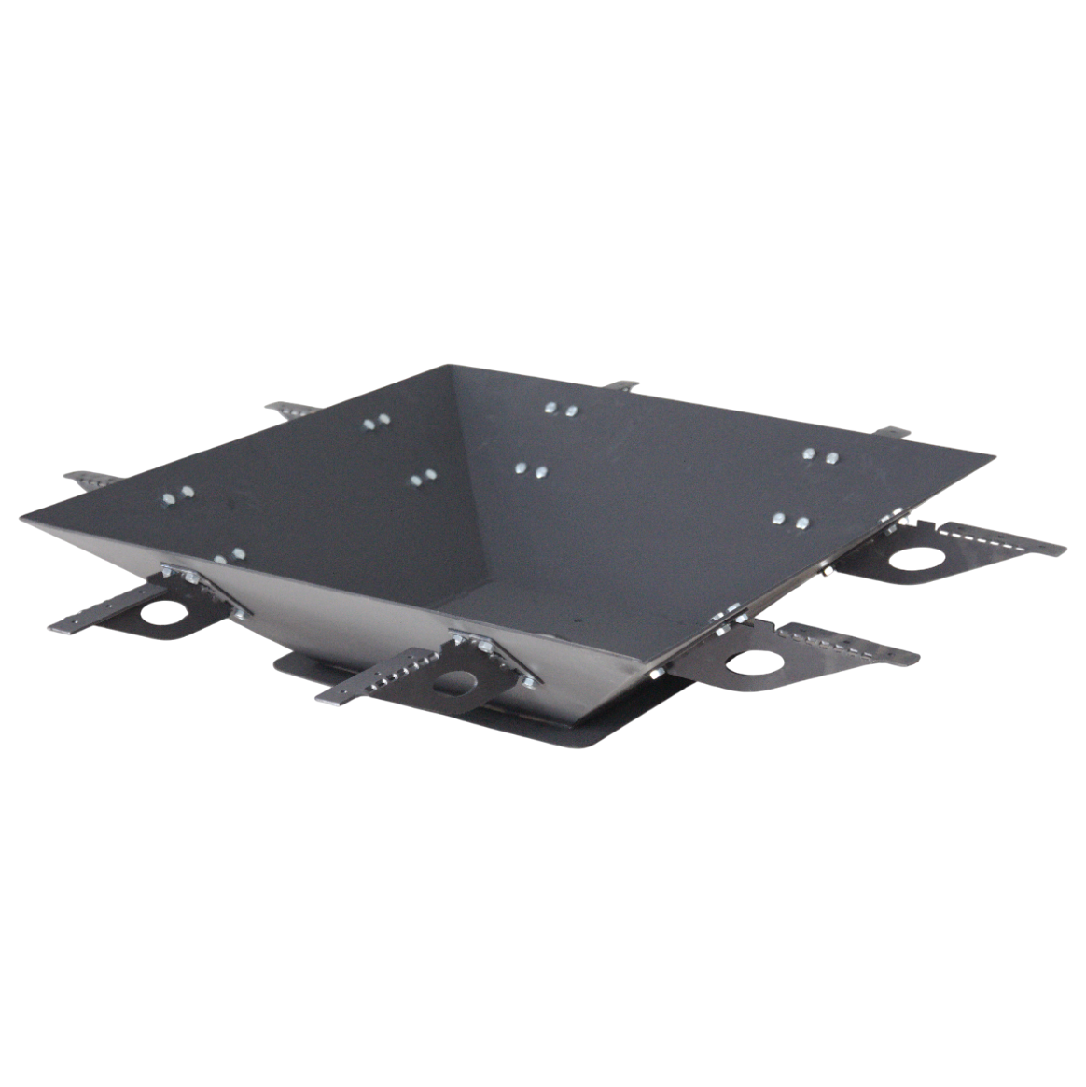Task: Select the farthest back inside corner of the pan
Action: pyautogui.click(x=453, y=367)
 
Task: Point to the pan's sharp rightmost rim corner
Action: pyautogui.click(x=993, y=456)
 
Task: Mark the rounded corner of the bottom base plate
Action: pyautogui.click(x=597, y=742)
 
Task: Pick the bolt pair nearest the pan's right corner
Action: pyautogui.click(x=820, y=456)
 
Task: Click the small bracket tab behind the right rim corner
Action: pyautogui.click(x=892, y=431)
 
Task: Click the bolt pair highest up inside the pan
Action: pyautogui.click(x=560, y=409)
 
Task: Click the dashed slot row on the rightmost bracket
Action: pyautogui.click(x=980, y=536)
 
